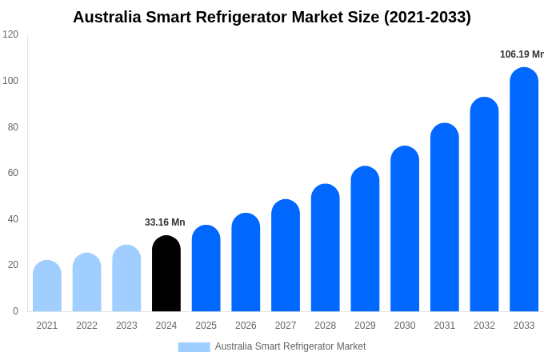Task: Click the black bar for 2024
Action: [166, 274]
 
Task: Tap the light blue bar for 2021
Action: [47, 286]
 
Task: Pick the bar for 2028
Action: [326, 248]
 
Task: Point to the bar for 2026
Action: [246, 262]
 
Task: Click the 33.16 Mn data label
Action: [165, 222]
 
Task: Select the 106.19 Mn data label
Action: [522, 54]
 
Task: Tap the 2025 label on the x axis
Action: [206, 326]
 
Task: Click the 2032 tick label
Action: [484, 326]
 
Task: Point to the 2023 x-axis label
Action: [126, 326]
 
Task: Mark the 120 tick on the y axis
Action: [10, 34]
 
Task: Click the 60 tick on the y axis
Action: [13, 173]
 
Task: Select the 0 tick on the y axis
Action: [15, 311]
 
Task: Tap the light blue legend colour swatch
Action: [194, 346]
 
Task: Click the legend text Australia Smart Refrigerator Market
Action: [290, 346]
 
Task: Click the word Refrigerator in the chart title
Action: [250, 17]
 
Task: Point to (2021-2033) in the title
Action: [427, 17]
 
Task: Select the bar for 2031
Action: [445, 218]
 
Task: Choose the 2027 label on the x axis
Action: [286, 326]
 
